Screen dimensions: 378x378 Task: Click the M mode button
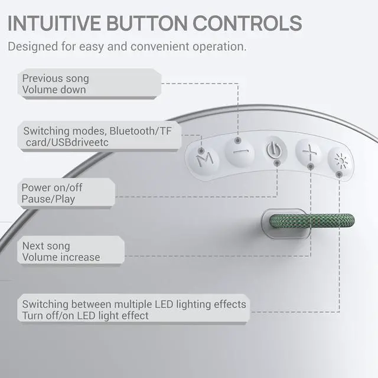click(204, 158)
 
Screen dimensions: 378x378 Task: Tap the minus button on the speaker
click(239, 150)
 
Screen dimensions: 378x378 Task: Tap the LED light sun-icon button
click(339, 160)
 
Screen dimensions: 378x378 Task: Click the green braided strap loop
click(312, 221)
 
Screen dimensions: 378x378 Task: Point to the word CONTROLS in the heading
click(246, 23)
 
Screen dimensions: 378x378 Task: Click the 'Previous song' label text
click(56, 79)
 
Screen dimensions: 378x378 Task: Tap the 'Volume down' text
click(54, 90)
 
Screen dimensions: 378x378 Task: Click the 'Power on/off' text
click(51, 188)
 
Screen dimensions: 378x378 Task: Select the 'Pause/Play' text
click(48, 199)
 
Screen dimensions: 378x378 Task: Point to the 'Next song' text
click(46, 246)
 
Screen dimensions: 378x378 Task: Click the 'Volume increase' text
click(61, 257)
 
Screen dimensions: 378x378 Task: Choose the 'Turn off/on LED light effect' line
click(86, 315)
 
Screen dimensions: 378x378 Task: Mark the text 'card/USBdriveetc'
click(66, 142)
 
